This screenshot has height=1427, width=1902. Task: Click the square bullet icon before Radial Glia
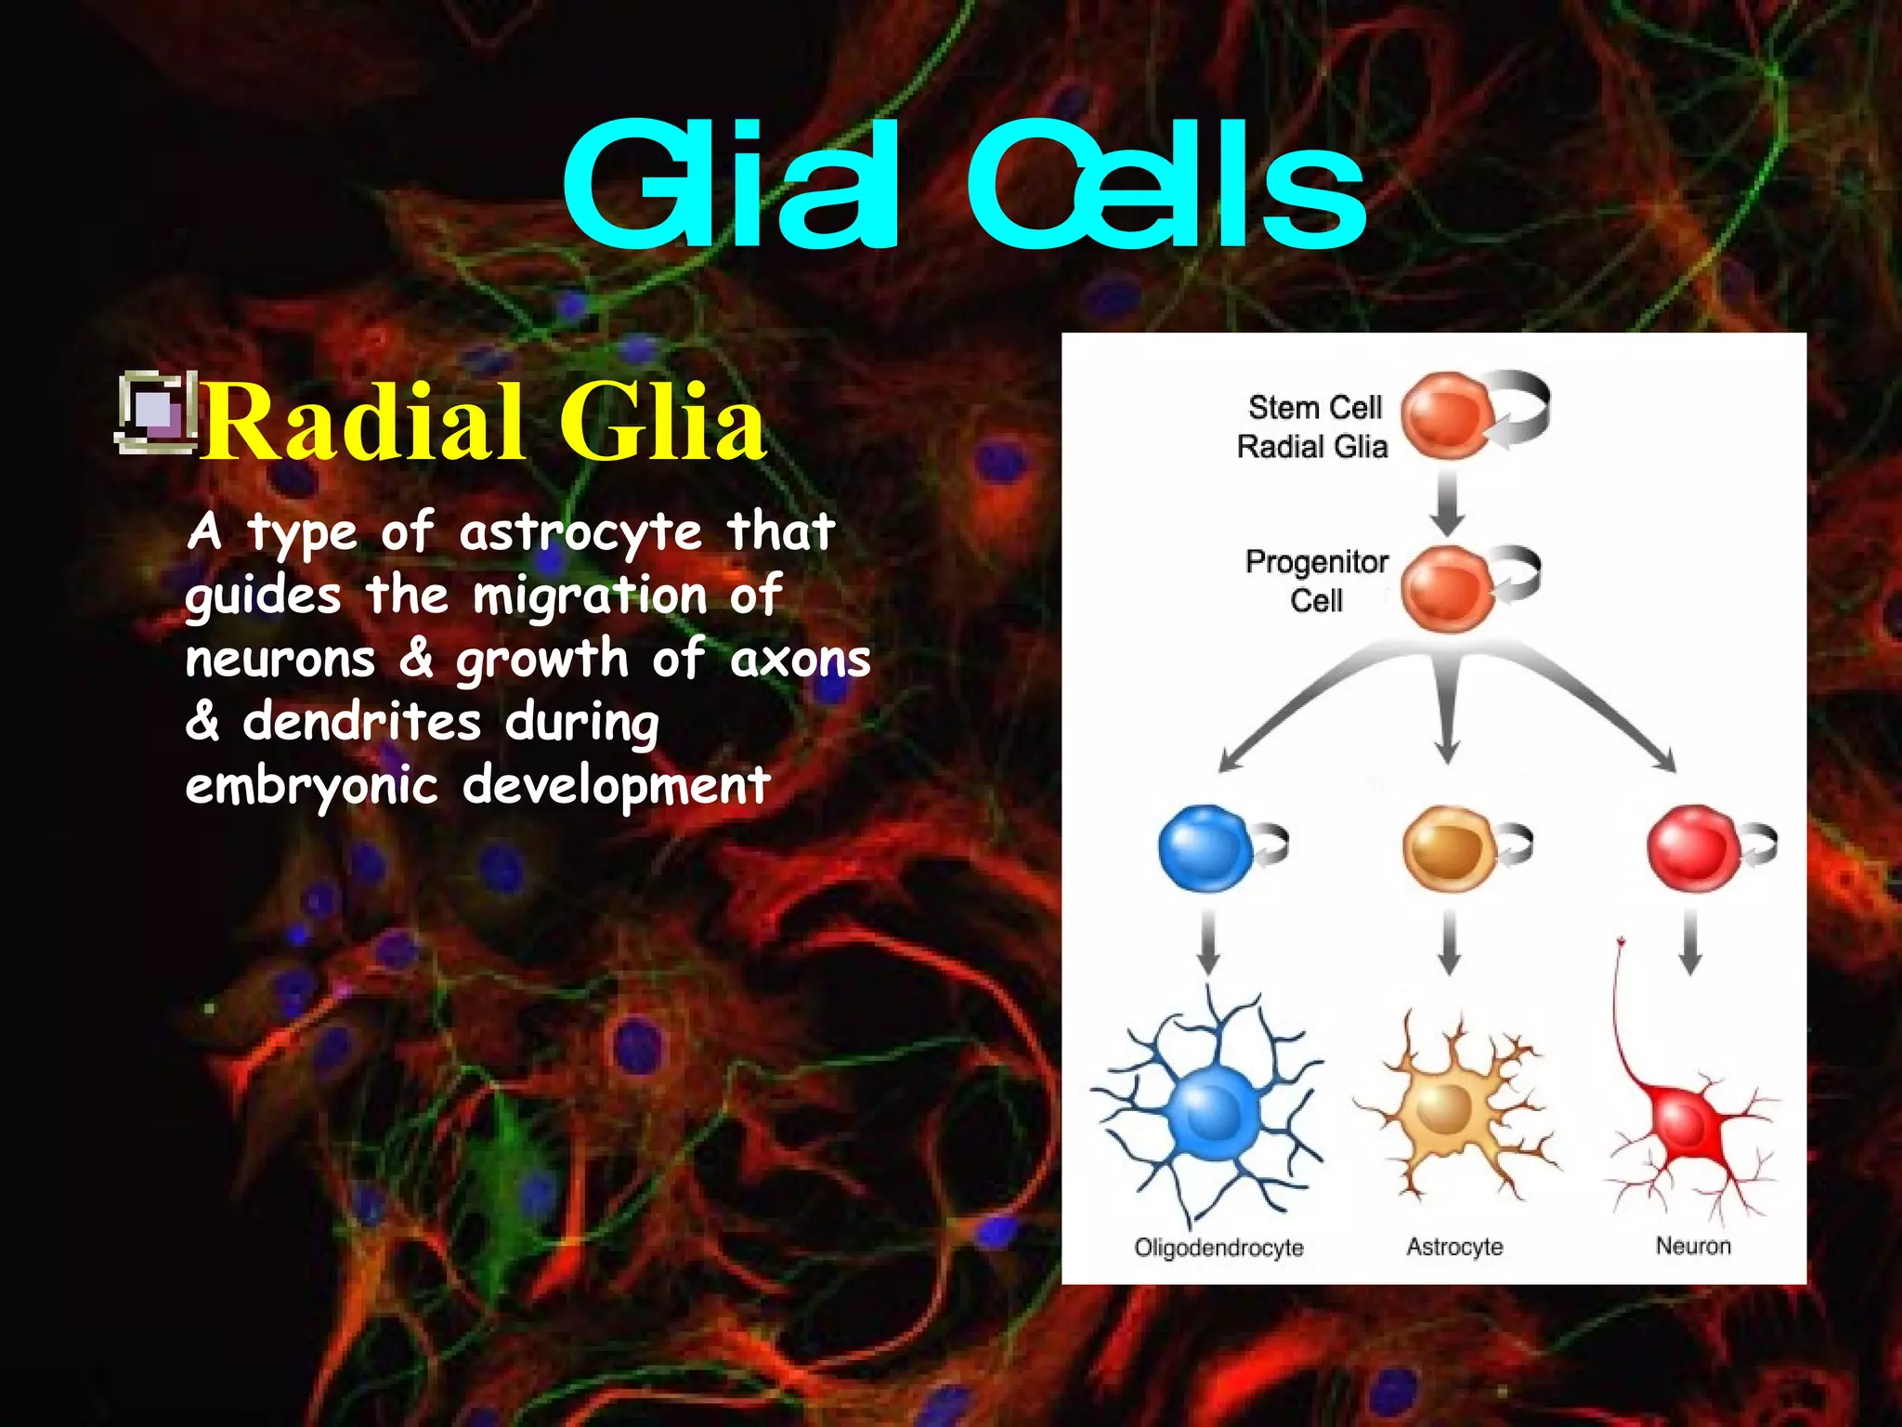point(156,414)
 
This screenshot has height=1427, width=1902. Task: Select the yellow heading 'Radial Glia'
point(485,424)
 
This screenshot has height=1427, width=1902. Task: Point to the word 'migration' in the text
point(590,596)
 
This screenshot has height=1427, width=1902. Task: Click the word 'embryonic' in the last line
point(311,786)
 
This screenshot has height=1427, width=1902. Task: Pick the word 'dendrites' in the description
point(362,722)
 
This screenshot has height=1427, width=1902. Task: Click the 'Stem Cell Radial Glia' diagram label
point(1313,426)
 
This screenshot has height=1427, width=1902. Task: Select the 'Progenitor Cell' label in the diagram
point(1317,581)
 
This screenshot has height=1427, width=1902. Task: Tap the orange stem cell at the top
point(1447,415)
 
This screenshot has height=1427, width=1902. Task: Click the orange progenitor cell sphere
point(1445,589)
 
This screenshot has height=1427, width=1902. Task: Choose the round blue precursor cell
point(1205,848)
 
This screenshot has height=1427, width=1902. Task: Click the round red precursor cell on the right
point(1692,848)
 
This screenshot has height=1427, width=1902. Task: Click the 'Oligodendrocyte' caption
point(1218,1247)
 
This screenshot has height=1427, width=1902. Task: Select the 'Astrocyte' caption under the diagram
point(1454,1246)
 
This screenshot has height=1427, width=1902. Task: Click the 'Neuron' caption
point(1693,1245)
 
